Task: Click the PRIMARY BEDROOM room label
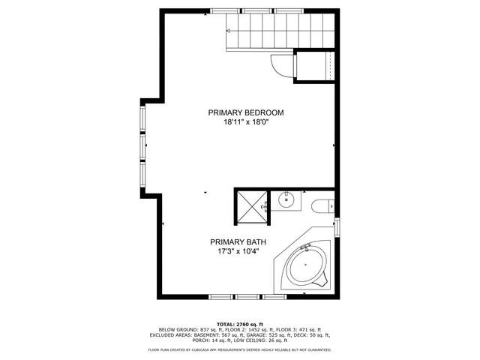pyautogui.click(x=246, y=112)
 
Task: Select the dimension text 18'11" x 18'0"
pyautogui.click(x=246, y=121)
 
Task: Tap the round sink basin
pyautogui.click(x=286, y=199)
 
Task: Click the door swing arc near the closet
pyautogui.click(x=279, y=67)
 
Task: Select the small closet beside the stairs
pyautogui.click(x=315, y=66)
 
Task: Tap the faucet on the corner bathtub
pyautogui.click(x=304, y=248)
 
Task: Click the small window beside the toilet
pyautogui.click(x=337, y=227)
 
